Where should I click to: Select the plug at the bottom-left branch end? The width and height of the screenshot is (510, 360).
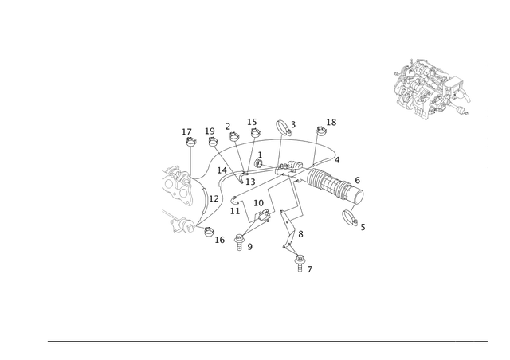(x=241, y=242)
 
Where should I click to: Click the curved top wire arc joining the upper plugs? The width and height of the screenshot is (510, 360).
(x=279, y=141)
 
